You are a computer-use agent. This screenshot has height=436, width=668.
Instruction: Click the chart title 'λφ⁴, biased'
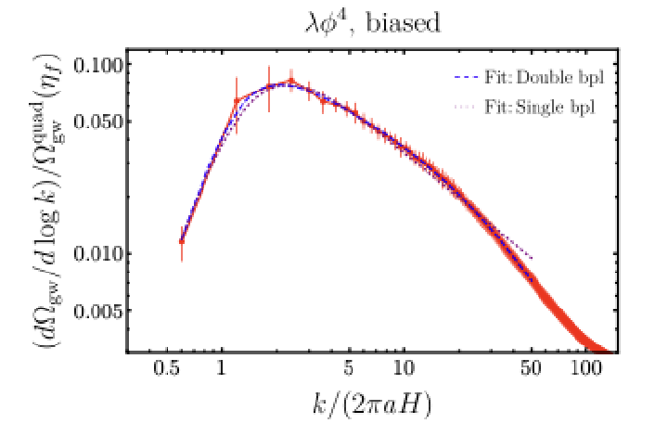(372, 23)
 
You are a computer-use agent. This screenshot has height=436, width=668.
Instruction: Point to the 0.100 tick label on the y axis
(98, 66)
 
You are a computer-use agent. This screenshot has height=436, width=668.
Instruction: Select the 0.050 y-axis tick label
(98, 122)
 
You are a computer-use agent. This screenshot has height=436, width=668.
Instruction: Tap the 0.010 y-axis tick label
(98, 254)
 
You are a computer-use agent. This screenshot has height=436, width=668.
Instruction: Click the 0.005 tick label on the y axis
(98, 312)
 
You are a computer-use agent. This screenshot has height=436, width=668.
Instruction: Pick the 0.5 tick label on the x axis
(166, 368)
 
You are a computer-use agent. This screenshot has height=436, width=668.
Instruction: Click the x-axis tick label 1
(221, 368)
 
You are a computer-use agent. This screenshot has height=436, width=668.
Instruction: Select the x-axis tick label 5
(349, 368)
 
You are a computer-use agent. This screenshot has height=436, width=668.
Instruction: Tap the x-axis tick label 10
(404, 368)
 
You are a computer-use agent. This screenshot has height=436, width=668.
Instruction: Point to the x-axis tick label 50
(532, 368)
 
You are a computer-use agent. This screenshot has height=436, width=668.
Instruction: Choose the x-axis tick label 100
(585, 368)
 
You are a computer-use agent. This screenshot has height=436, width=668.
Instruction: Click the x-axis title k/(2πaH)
(372, 404)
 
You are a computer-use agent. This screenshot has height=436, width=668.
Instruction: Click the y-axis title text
(47, 200)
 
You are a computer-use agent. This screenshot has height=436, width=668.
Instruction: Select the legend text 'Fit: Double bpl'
(544, 78)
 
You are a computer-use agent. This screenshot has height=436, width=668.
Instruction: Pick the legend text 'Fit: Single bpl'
(539, 107)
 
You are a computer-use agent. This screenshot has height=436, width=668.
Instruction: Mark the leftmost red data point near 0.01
(182, 241)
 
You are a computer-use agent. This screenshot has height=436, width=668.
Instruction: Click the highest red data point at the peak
(291, 81)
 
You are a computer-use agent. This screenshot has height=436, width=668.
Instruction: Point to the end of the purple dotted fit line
(532, 258)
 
